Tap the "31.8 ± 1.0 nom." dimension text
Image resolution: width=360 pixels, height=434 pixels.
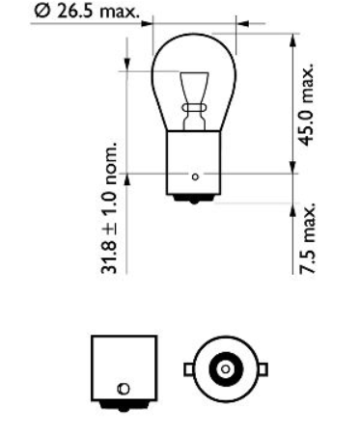pos(111,209)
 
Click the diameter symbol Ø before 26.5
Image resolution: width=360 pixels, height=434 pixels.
pos(41,13)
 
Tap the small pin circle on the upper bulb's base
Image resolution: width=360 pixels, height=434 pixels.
pos(195,176)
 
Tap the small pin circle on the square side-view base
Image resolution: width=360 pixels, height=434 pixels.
pos(122,389)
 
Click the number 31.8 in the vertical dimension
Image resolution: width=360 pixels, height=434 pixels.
pos(111,259)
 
